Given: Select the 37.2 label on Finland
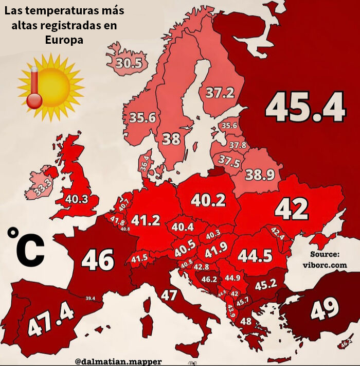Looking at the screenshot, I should (x=220, y=93).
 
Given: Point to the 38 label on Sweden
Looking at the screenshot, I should (x=171, y=139).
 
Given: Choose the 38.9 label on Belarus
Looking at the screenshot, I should (x=259, y=175).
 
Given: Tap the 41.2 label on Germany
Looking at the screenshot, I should (x=146, y=220).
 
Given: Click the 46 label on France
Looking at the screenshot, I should (x=97, y=260).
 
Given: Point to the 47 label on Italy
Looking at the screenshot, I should (x=169, y=295).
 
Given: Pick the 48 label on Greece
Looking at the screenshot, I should (x=246, y=322).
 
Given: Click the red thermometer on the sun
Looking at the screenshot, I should (x=35, y=88).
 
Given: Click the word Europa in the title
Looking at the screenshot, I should (x=63, y=40).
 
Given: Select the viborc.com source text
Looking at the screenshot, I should (x=325, y=265).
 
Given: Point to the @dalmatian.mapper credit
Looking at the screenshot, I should (x=118, y=361).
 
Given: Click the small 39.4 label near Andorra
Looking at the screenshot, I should (x=90, y=298).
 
